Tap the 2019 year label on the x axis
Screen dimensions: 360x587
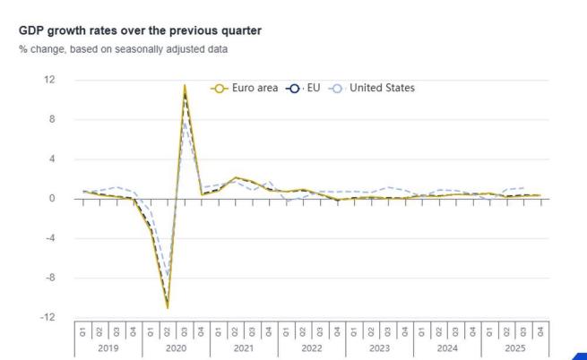tap(109, 346)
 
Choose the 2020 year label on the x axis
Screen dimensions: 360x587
tap(177, 346)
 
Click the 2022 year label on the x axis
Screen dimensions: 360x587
tap(311, 346)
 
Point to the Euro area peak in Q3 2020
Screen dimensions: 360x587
tap(185, 86)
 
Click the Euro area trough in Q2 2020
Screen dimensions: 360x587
tap(168, 307)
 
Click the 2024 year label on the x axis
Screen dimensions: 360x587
tap(446, 346)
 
